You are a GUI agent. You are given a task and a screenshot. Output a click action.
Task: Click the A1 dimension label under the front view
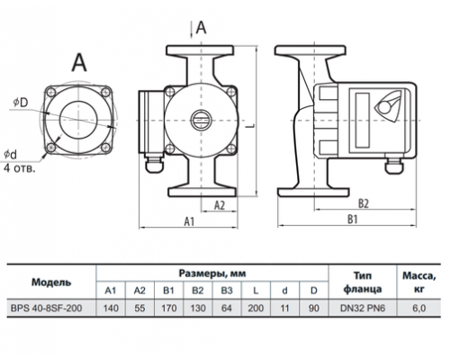click(189, 221)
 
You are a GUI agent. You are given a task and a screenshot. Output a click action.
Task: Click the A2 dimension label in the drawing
click(220, 205)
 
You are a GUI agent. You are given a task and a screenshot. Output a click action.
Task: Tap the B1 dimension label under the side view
click(353, 220)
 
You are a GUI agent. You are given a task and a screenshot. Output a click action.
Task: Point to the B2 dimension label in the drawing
click(364, 203)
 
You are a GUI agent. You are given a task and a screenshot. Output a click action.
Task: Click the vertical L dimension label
click(251, 125)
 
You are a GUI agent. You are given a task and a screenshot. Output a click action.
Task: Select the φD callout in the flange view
click(21, 103)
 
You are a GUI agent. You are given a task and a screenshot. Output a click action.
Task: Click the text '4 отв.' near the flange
click(20, 168)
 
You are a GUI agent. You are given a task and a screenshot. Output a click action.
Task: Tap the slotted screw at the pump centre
click(200, 120)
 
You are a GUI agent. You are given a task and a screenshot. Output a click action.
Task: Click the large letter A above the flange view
click(79, 62)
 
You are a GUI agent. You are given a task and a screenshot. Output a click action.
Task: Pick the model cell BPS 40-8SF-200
click(46, 308)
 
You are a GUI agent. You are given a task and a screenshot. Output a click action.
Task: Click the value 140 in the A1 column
click(111, 308)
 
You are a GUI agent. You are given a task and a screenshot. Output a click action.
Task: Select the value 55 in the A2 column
click(139, 308)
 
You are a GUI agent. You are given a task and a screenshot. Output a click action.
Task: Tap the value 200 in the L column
click(256, 308)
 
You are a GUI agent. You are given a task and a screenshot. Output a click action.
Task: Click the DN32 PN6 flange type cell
click(363, 308)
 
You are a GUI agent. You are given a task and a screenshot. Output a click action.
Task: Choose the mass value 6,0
click(418, 308)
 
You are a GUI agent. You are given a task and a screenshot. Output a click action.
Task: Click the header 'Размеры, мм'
click(212, 274)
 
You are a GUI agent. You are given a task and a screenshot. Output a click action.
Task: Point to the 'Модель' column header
click(51, 283)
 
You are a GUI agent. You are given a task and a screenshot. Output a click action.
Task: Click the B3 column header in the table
click(227, 291)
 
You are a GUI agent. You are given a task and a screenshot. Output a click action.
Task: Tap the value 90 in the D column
click(313, 308)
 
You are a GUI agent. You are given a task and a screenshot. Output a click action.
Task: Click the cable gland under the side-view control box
click(393, 166)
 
